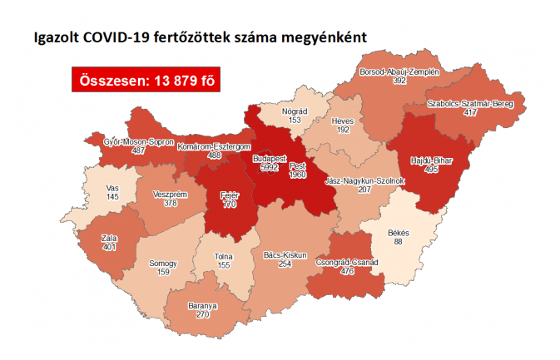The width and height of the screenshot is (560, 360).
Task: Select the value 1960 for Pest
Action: tap(297, 175)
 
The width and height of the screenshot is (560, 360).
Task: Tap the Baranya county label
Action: tap(202, 306)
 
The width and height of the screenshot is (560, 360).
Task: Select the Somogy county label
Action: tap(163, 263)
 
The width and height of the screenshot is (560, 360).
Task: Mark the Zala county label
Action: tap(107, 237)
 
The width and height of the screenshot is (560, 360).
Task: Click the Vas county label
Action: tap(112, 188)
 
